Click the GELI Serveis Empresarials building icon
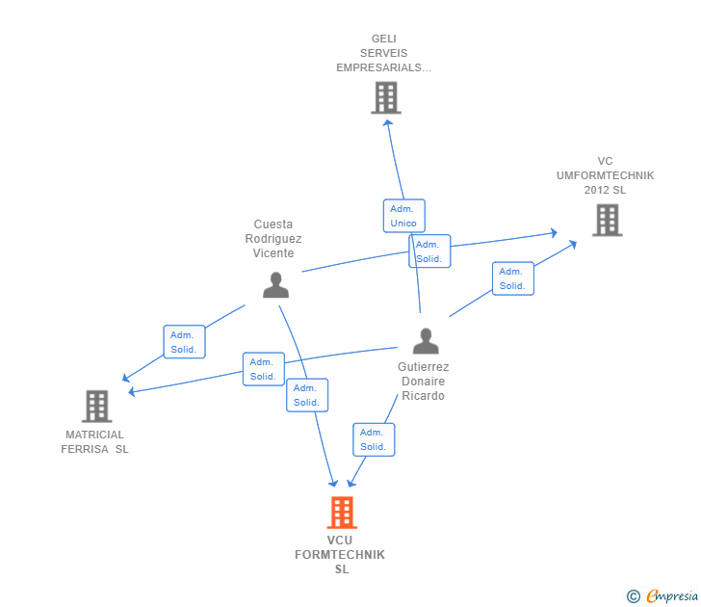tap(385, 97)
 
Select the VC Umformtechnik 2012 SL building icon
tap(607, 221)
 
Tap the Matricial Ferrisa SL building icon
tap(96, 407)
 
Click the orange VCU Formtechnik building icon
tap(342, 513)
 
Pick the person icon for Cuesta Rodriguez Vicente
tap(275, 285)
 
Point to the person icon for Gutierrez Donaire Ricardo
tap(425, 341)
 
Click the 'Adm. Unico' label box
tap(403, 216)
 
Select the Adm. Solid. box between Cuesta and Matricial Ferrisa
tap(184, 342)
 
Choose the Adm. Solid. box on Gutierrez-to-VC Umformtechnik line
tap(512, 278)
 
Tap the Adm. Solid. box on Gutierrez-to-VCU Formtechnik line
tap(373, 439)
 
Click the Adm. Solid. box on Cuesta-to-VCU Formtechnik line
tap(307, 395)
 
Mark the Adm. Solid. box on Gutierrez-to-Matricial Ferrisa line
tap(263, 369)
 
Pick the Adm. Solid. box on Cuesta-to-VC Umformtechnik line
tap(429, 251)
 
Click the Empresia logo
tap(672, 596)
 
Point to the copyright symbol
tap(633, 596)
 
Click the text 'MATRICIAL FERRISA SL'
tap(94, 442)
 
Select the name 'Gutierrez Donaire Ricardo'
tap(423, 382)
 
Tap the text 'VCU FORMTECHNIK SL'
tap(340, 555)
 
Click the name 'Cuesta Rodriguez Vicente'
tap(273, 239)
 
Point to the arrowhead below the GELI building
tap(387, 121)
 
